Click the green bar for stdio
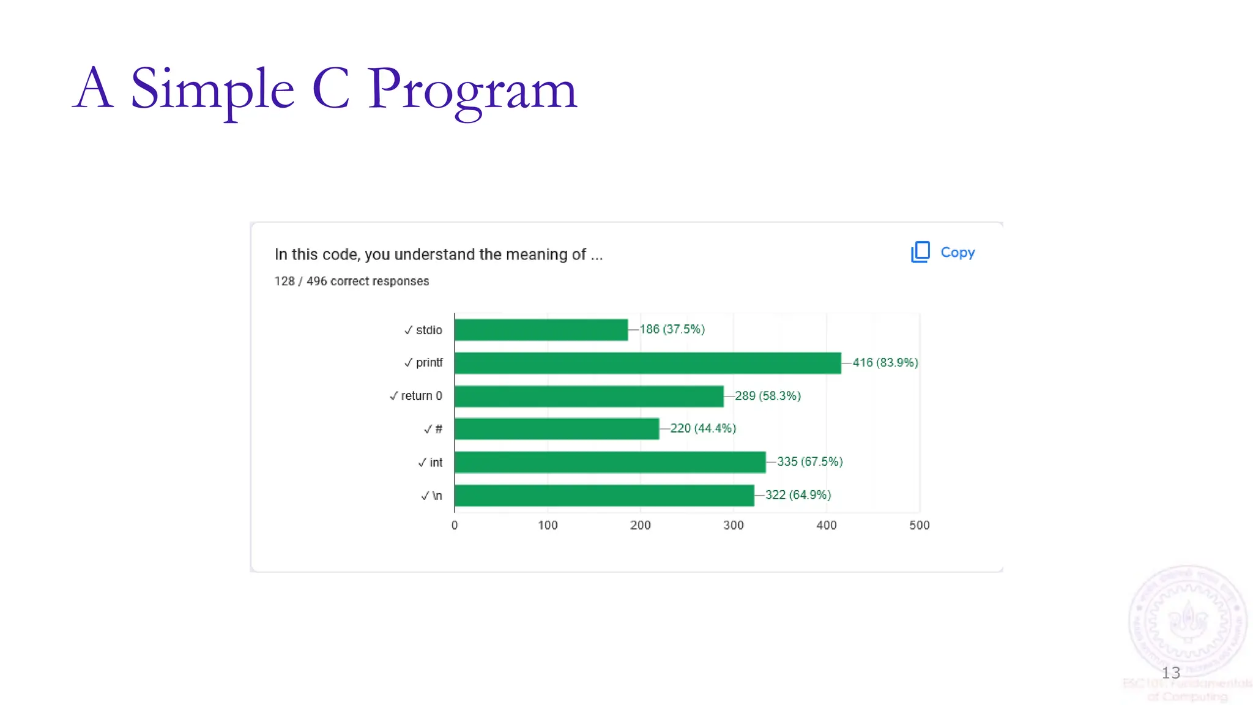pyautogui.click(x=541, y=330)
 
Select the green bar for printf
pyautogui.click(x=647, y=363)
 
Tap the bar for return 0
pyautogui.click(x=589, y=396)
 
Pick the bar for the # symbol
pyautogui.click(x=556, y=429)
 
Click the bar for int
pyautogui.click(x=610, y=462)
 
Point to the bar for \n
pyautogui.click(x=604, y=496)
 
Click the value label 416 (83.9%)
pyautogui.click(x=885, y=363)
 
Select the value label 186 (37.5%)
pyautogui.click(x=672, y=329)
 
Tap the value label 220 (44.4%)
pyautogui.click(x=703, y=428)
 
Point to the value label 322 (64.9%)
pyautogui.click(x=798, y=495)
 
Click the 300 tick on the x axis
pyautogui.click(x=733, y=525)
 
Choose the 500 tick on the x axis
pyautogui.click(x=919, y=525)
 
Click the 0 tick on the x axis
pyautogui.click(x=455, y=525)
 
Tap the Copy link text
pyautogui.click(x=957, y=252)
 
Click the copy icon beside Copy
pyautogui.click(x=920, y=252)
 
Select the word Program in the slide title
pyautogui.click(x=472, y=90)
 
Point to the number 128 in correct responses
pyautogui.click(x=284, y=282)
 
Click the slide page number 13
pyautogui.click(x=1170, y=673)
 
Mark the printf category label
pyautogui.click(x=429, y=363)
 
